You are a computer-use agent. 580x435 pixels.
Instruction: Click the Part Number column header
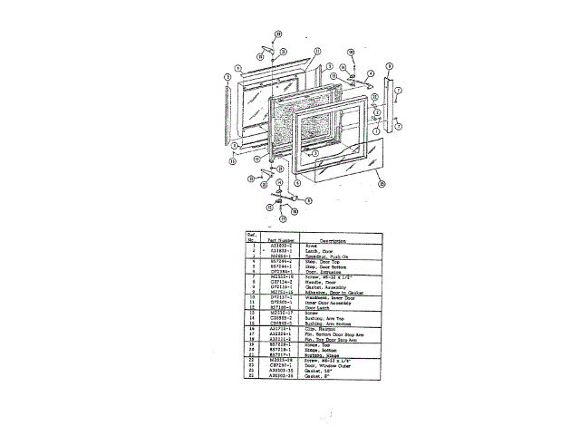pos(278,239)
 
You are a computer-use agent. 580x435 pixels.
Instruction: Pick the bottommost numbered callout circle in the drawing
pos(282,219)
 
